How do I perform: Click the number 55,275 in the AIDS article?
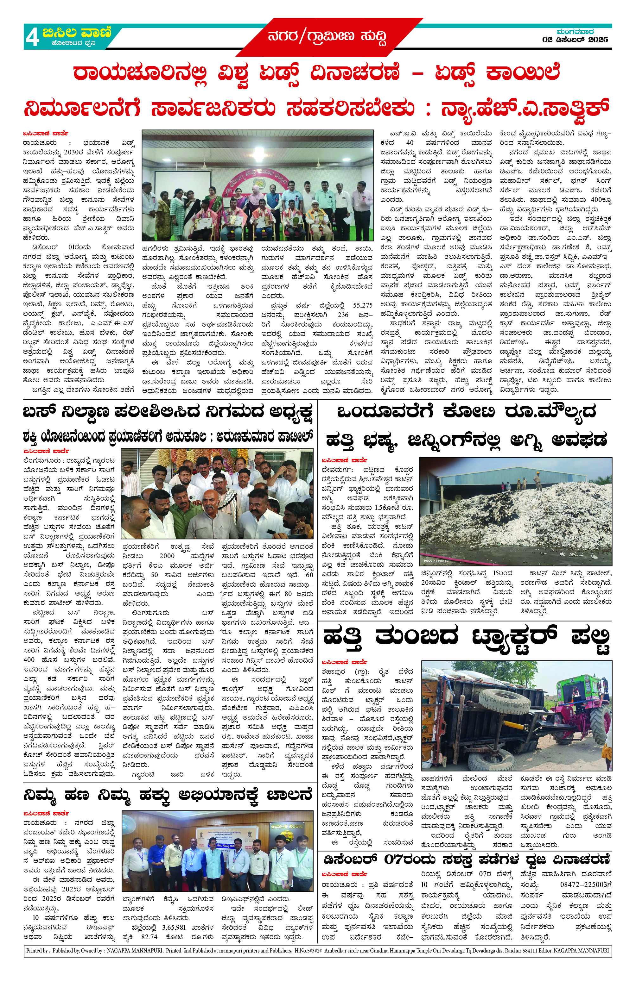(x=363, y=305)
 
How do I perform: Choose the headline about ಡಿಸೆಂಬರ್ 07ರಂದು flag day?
(x=466, y=860)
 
